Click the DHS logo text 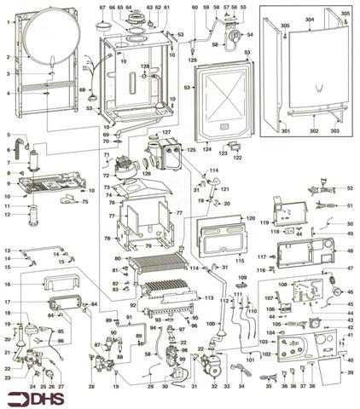click(39, 397)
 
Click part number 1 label click(8, 23)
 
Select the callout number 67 click(102, 8)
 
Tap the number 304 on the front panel click(308, 19)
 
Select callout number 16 click(8, 283)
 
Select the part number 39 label click(349, 372)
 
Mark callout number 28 click(92, 386)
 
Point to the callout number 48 click(349, 251)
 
